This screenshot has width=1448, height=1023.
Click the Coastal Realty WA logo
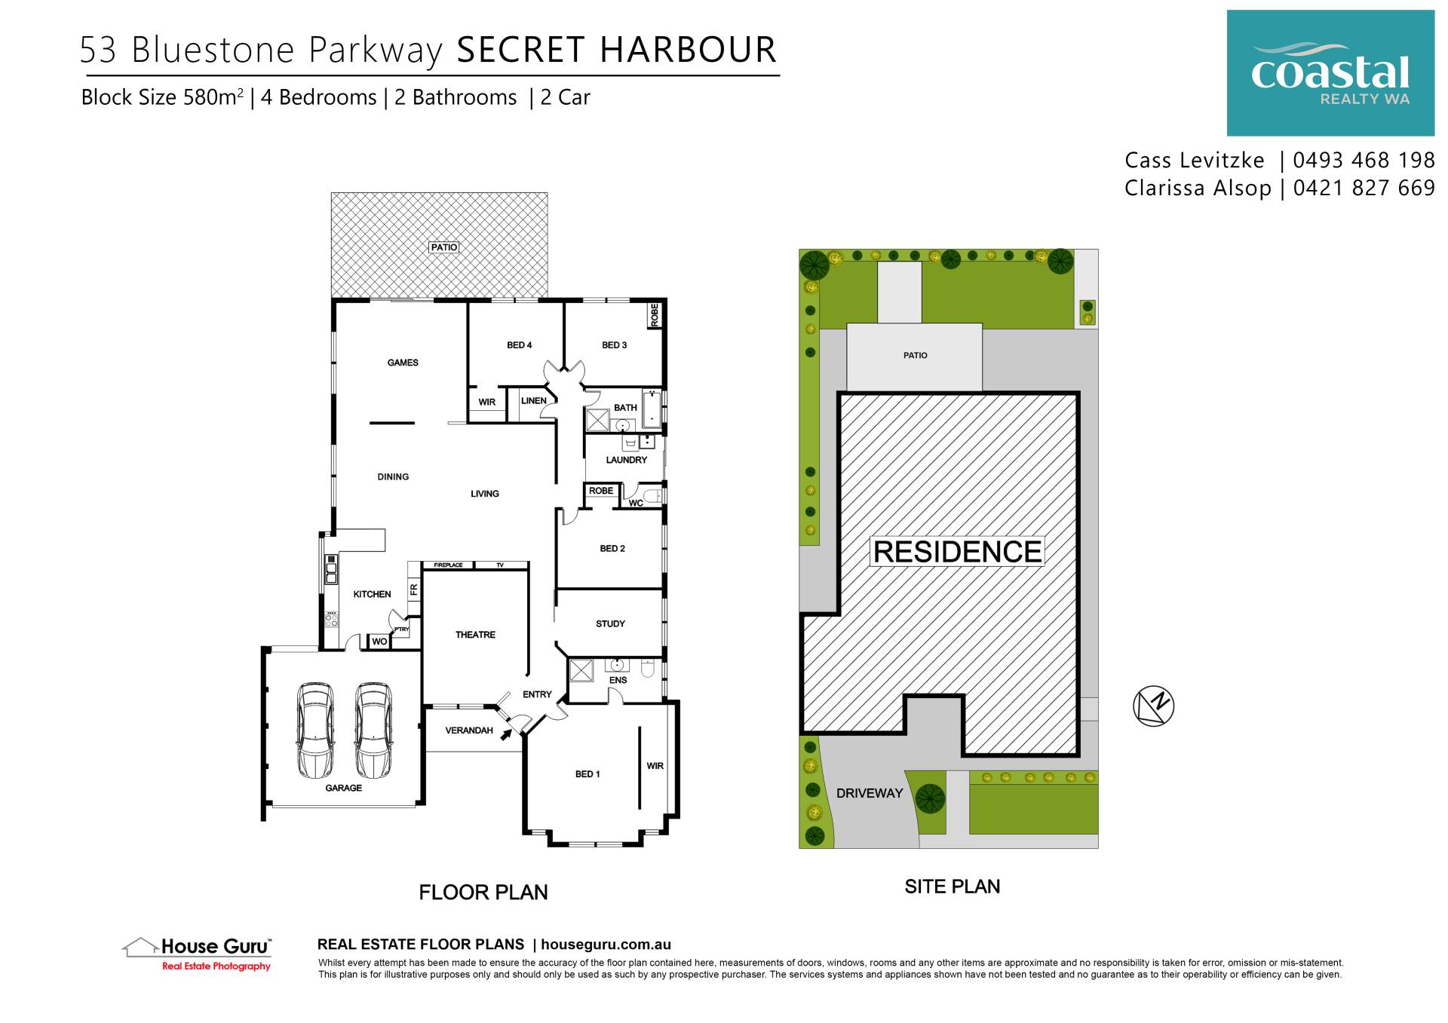click(1330, 73)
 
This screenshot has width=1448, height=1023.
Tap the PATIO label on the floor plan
click(443, 247)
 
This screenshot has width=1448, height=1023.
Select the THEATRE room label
click(475, 635)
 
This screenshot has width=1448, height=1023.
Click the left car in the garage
click(314, 730)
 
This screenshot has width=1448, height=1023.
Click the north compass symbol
click(1153, 706)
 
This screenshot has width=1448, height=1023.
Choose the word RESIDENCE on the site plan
click(957, 552)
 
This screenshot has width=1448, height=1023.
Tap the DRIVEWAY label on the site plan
click(869, 793)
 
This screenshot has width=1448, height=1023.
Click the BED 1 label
click(587, 774)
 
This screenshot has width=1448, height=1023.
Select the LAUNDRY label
click(626, 460)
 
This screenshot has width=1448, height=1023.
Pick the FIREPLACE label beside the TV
click(448, 565)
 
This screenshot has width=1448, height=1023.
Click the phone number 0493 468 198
click(1364, 161)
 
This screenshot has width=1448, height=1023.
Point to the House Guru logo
click(198, 954)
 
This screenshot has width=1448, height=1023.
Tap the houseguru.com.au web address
click(606, 945)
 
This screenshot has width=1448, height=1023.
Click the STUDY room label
click(610, 624)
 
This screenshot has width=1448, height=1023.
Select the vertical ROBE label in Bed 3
click(655, 315)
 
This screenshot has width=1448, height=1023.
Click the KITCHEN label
click(372, 594)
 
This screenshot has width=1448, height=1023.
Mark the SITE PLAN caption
click(952, 887)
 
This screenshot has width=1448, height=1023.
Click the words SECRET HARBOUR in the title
click(616, 51)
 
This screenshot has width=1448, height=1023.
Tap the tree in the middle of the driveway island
click(929, 798)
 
